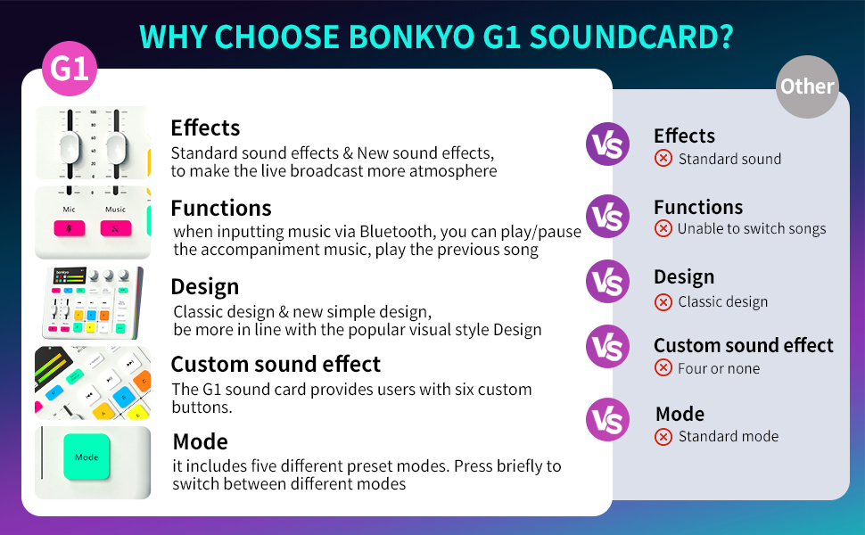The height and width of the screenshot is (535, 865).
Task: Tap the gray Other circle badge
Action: tap(807, 86)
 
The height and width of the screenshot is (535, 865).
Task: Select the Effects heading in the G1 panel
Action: tap(205, 128)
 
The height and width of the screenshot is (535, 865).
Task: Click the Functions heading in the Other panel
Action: tap(697, 207)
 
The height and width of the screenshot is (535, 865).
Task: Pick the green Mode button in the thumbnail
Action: tap(86, 457)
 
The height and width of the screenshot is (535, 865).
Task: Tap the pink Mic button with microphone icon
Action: tap(69, 227)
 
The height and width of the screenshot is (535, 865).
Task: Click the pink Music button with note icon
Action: tap(116, 227)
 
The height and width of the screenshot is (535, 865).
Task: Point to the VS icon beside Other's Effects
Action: tap(607, 144)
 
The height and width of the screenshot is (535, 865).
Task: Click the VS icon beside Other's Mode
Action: tap(607, 420)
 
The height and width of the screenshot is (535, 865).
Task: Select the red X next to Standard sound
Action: tap(663, 159)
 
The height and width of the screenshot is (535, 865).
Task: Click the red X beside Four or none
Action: tap(663, 367)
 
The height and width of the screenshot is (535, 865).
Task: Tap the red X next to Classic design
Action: tap(663, 301)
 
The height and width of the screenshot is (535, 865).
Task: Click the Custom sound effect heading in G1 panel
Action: tap(276, 364)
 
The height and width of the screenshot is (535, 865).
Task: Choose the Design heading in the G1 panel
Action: tap(204, 286)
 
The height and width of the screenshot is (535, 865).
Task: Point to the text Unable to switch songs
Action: tap(752, 228)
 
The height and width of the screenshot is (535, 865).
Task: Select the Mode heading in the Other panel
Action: tap(680, 414)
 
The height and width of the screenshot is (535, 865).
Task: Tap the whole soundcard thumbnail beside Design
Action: tap(92, 303)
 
